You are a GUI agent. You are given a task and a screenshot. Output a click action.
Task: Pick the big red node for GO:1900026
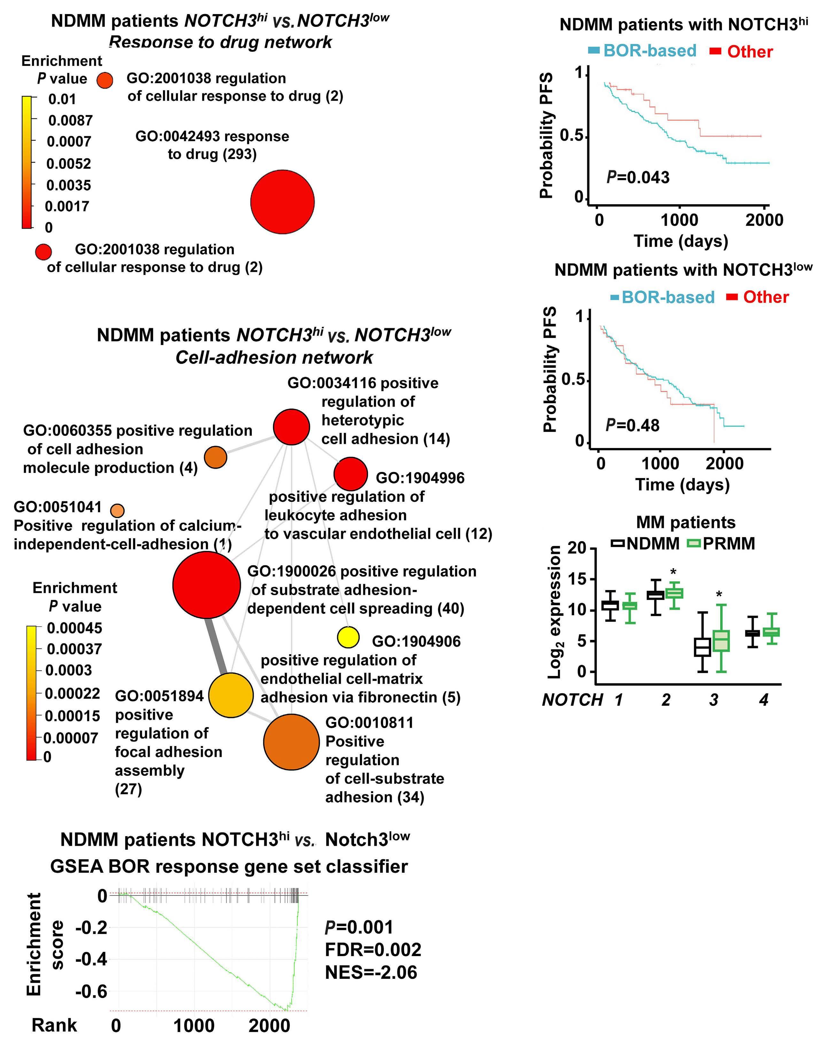tap(206, 584)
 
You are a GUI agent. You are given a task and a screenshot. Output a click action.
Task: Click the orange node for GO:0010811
tap(291, 742)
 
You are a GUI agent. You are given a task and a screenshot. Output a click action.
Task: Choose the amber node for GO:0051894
tap(231, 695)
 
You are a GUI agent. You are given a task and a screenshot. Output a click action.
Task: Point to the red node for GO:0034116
tap(291, 427)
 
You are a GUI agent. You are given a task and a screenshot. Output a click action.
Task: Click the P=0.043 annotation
tap(638, 178)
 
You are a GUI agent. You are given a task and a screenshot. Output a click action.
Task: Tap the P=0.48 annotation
tap(633, 425)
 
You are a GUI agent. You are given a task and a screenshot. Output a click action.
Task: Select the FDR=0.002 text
tap(373, 949)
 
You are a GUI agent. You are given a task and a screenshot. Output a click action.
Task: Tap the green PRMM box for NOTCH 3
tap(721, 641)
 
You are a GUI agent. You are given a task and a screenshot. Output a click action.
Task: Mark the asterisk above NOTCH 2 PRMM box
tap(673, 573)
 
